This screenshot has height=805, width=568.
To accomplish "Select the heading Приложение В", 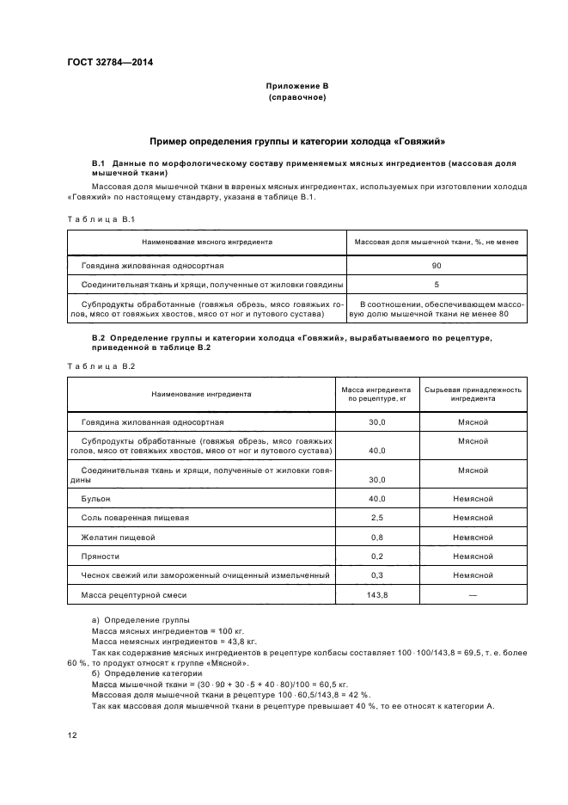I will (296, 87).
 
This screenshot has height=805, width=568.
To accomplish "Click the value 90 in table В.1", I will (437, 266).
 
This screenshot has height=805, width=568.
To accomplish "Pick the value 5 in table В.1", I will (437, 284).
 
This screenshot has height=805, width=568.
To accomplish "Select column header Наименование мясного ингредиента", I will (207, 243).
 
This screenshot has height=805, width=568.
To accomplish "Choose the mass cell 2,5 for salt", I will (376, 517).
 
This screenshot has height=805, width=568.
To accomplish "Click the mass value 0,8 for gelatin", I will (376, 537).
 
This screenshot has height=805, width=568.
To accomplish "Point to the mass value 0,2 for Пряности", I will (376, 556).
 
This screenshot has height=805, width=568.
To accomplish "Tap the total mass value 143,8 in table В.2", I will (376, 595).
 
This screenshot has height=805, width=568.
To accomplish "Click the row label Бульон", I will (97, 498).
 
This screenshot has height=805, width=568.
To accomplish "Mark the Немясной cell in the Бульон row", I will (473, 498).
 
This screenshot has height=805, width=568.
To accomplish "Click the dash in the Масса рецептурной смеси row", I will (473, 595).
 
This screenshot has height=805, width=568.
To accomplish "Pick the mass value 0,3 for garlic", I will (376, 575).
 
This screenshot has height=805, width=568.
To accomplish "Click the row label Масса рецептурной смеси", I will (133, 595).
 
